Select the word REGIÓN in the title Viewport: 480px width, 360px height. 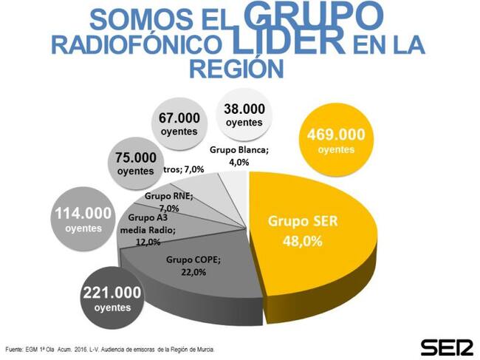pyautogui.click(x=237, y=69)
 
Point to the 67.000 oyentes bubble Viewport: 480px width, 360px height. pyautogui.click(x=179, y=124)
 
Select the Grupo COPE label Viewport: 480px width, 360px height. pyautogui.click(x=193, y=260)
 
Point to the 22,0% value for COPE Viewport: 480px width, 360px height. pyautogui.click(x=193, y=272)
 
